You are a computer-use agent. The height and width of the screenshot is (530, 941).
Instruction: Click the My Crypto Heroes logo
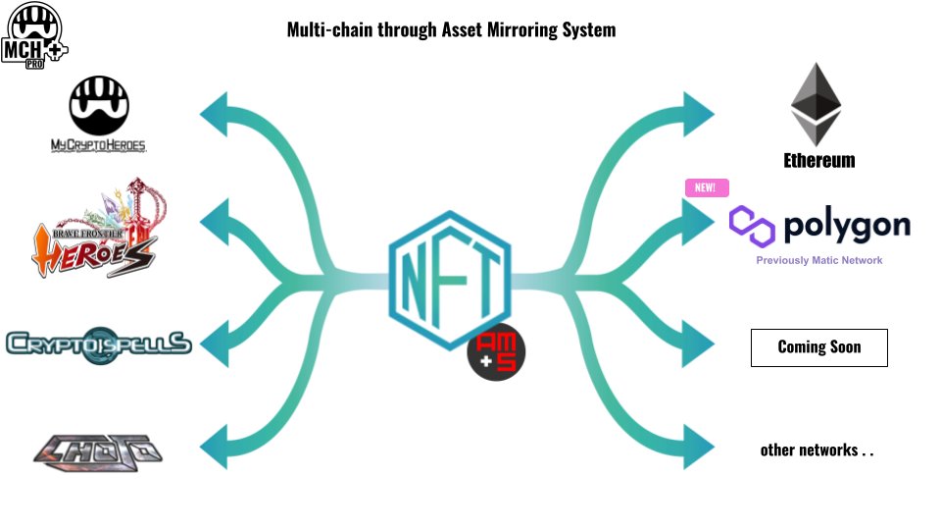coord(98,115)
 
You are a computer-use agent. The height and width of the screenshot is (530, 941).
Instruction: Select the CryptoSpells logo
coord(98,344)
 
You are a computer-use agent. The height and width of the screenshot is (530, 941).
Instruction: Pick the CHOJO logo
coord(97,451)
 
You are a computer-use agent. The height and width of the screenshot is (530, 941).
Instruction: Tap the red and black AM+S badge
coord(496,352)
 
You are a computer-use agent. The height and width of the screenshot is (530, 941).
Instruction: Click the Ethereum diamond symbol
coord(817,104)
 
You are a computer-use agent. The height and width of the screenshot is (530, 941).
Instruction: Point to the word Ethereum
coord(819,160)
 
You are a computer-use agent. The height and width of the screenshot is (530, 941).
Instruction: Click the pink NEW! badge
coord(706,187)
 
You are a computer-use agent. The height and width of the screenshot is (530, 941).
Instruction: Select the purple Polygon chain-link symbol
coord(752,226)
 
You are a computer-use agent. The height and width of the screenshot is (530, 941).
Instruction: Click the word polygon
coord(847,226)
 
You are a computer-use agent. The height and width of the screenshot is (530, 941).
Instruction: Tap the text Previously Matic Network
coord(819,260)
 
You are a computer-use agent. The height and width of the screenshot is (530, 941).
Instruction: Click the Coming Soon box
coord(819,347)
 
